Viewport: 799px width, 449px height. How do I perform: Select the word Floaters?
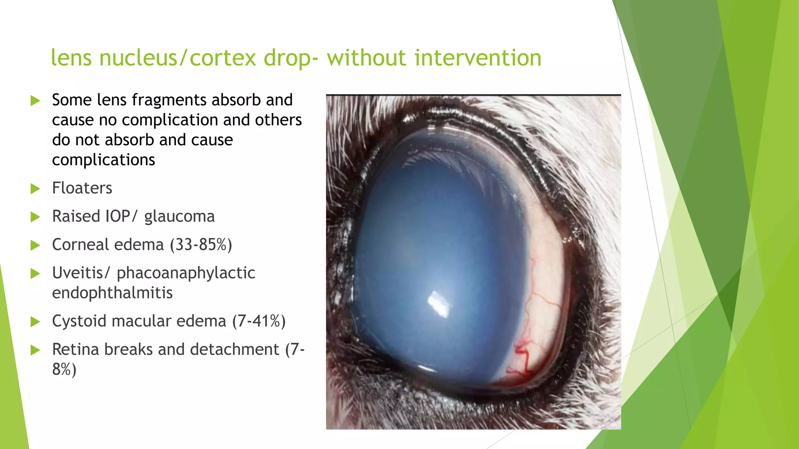point(82,188)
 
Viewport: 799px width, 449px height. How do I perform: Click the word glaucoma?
point(179,217)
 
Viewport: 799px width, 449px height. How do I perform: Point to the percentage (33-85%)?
point(201,245)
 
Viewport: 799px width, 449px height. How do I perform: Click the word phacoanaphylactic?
point(186,273)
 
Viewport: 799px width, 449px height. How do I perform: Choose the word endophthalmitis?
point(112,293)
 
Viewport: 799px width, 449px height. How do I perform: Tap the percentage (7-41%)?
point(259,322)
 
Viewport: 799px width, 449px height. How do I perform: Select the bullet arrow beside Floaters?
point(35,189)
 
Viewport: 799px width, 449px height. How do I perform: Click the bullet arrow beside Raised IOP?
point(35,217)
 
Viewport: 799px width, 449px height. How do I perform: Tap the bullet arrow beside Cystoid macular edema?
point(35,322)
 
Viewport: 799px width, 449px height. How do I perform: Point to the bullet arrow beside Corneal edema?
point(35,246)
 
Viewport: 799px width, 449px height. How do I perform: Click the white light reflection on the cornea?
point(439,304)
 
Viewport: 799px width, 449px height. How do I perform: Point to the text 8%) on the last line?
point(64,369)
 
